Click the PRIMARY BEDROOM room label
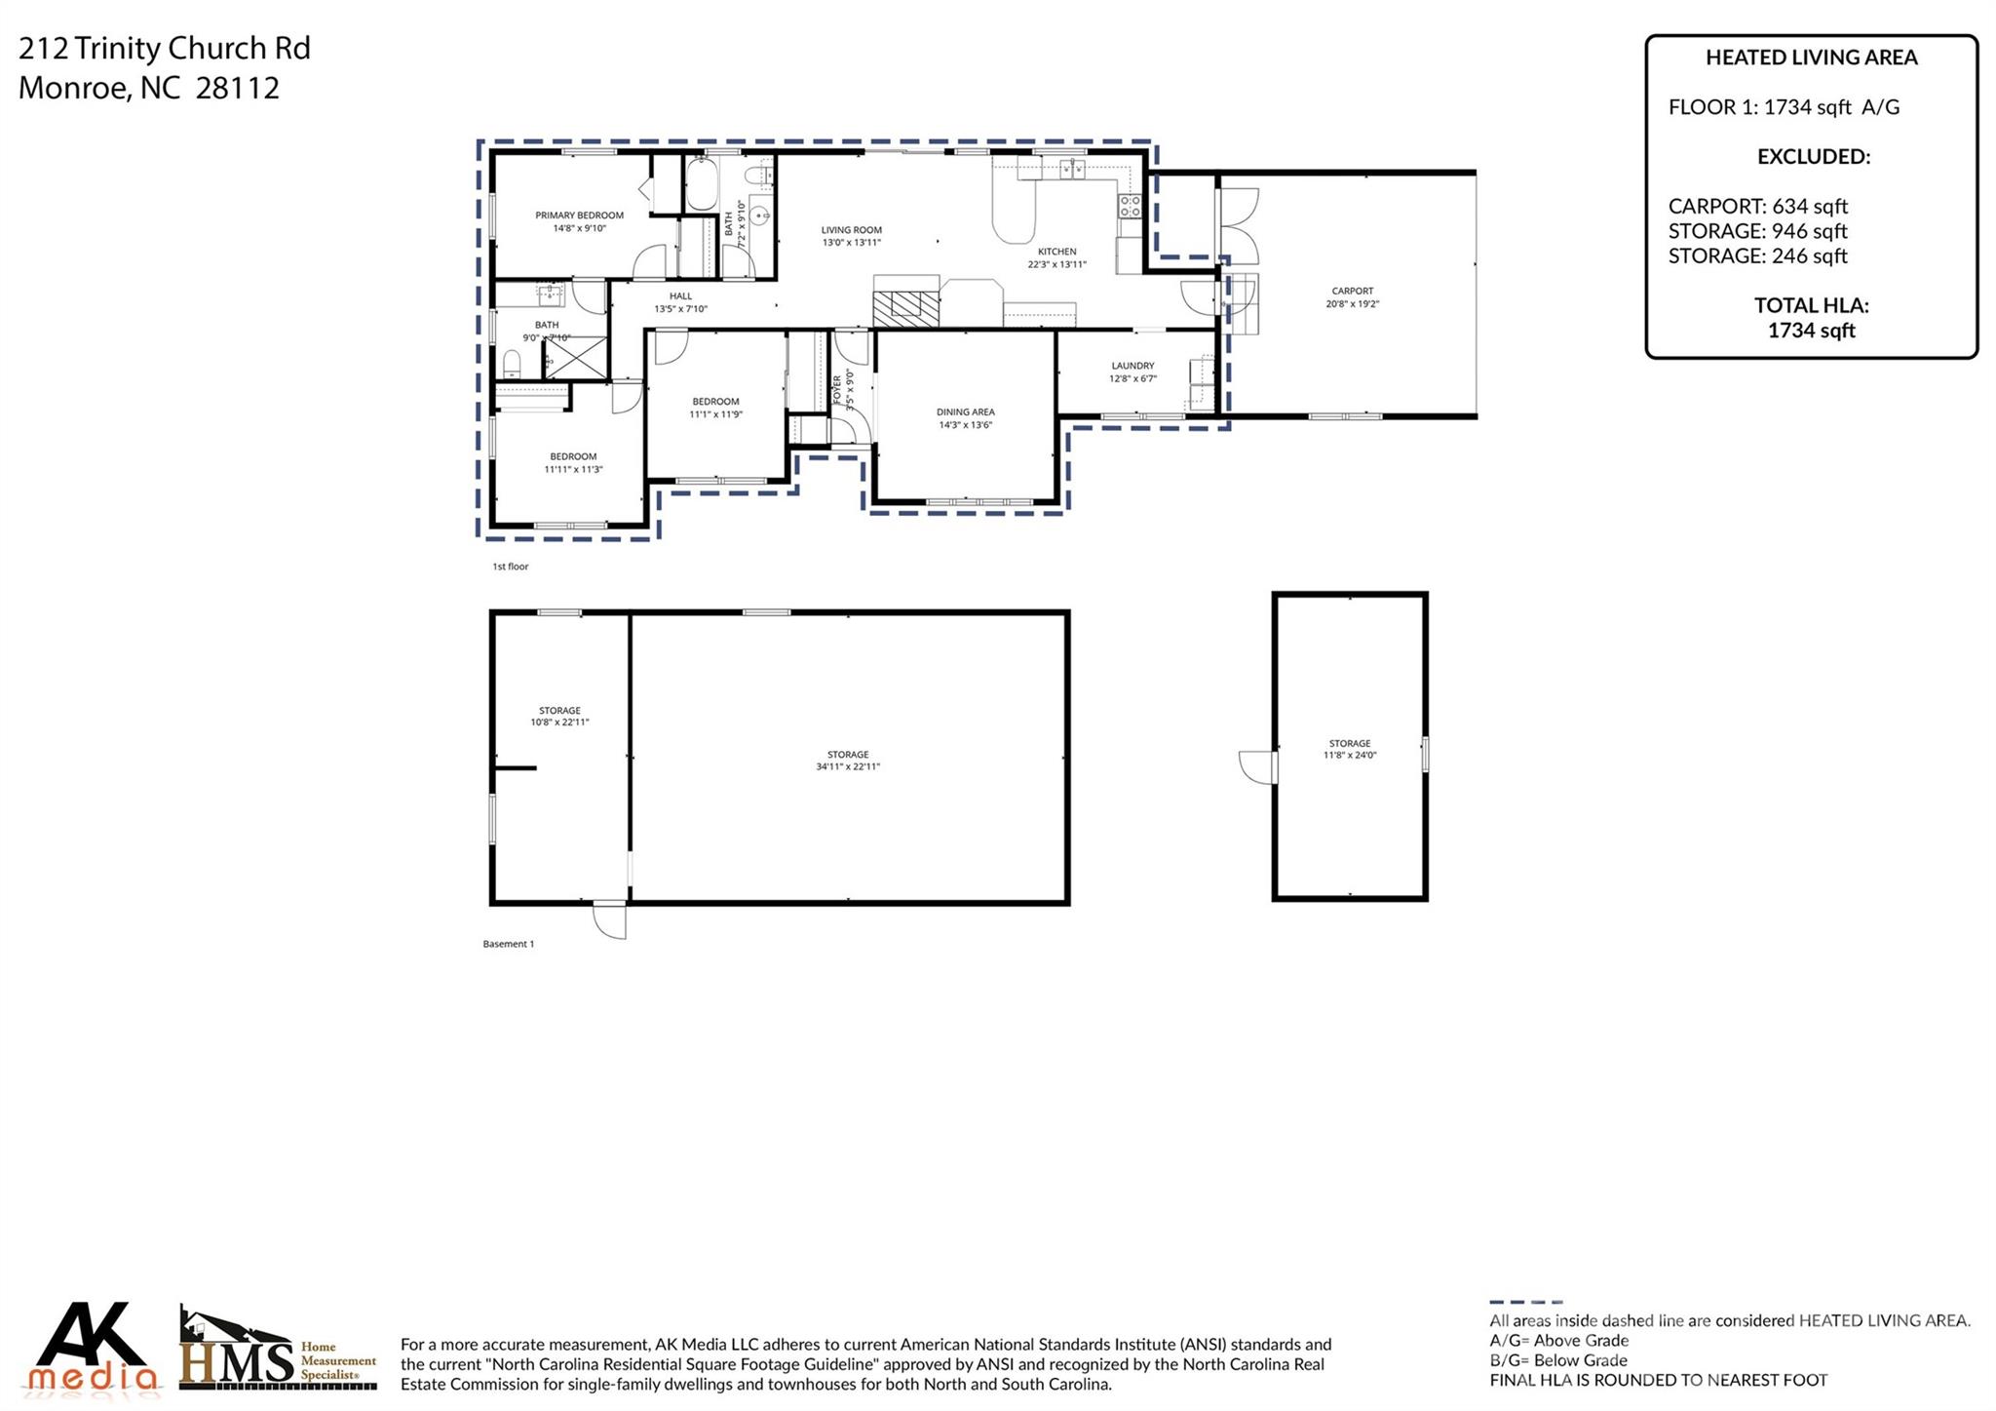579,216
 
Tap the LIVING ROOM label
851,230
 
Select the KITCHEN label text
1056,252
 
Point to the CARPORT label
1352,291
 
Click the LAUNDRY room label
1132,366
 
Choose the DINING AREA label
965,412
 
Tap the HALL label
680,296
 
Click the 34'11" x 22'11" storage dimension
848,767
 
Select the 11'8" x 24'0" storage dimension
1349,756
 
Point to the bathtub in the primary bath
702,185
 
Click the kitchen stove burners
1129,206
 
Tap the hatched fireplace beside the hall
905,308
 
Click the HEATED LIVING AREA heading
1811,58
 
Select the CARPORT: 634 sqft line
1757,207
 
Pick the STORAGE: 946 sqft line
1757,231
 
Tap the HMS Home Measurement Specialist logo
278,1350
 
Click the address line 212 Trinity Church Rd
165,48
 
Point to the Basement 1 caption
508,944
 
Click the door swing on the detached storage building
1257,766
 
